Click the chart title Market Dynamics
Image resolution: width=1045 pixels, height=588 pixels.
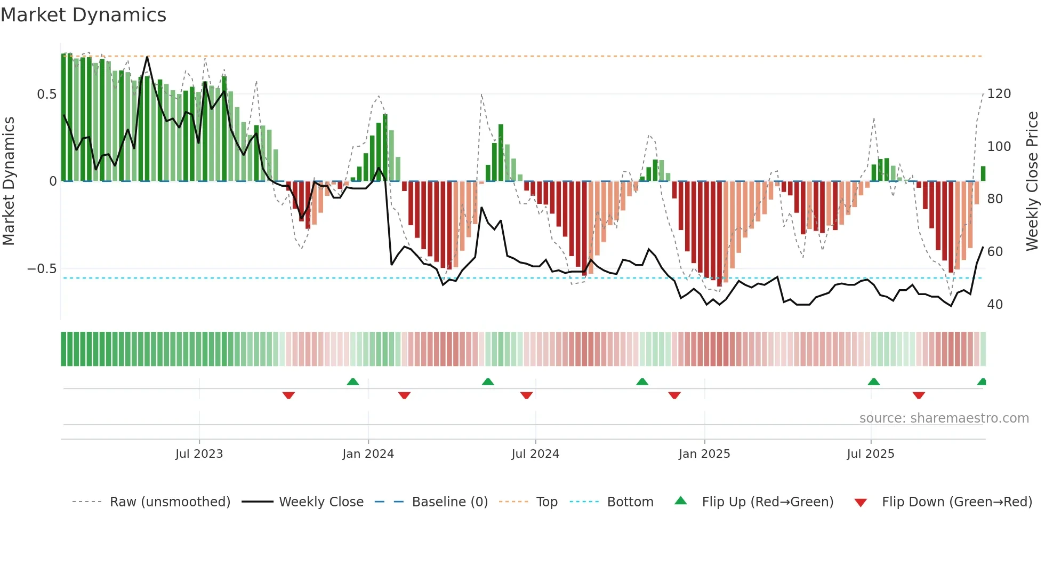click(x=83, y=15)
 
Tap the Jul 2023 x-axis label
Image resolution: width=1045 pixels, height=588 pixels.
click(x=199, y=454)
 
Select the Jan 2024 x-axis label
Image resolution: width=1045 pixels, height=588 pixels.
click(x=368, y=454)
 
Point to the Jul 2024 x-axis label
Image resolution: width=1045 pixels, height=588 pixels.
click(x=535, y=454)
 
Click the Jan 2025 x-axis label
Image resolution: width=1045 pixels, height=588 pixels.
click(x=704, y=454)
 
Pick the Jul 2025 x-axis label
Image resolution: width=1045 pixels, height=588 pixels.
click(x=871, y=454)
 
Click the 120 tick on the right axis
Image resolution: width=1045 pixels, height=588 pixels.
click(x=999, y=94)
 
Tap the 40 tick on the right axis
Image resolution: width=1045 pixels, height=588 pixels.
click(x=995, y=305)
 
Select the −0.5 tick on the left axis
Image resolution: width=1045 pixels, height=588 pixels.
click(x=42, y=269)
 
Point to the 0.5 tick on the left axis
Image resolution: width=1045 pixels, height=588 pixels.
click(x=47, y=94)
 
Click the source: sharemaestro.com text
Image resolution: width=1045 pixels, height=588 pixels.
click(x=944, y=418)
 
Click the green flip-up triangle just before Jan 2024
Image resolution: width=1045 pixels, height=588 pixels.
click(x=352, y=382)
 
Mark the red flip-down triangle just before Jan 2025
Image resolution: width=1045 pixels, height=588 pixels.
click(x=674, y=395)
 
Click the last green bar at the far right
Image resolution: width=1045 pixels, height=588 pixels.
click(x=983, y=173)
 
